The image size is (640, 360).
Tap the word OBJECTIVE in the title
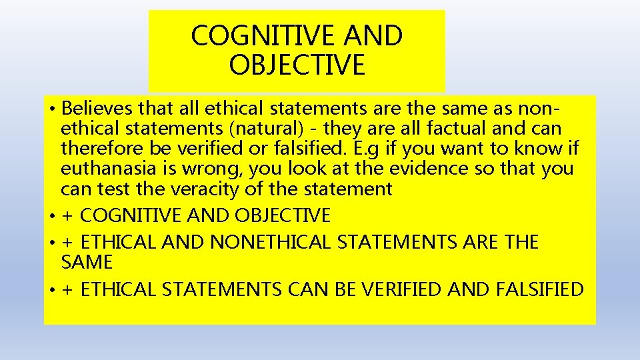[297, 65]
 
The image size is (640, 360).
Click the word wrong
[218, 169]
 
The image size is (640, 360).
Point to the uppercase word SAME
[87, 262]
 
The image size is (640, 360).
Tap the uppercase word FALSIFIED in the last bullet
[540, 289]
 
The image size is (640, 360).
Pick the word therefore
[99, 148]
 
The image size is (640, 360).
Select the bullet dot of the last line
[51, 291]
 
